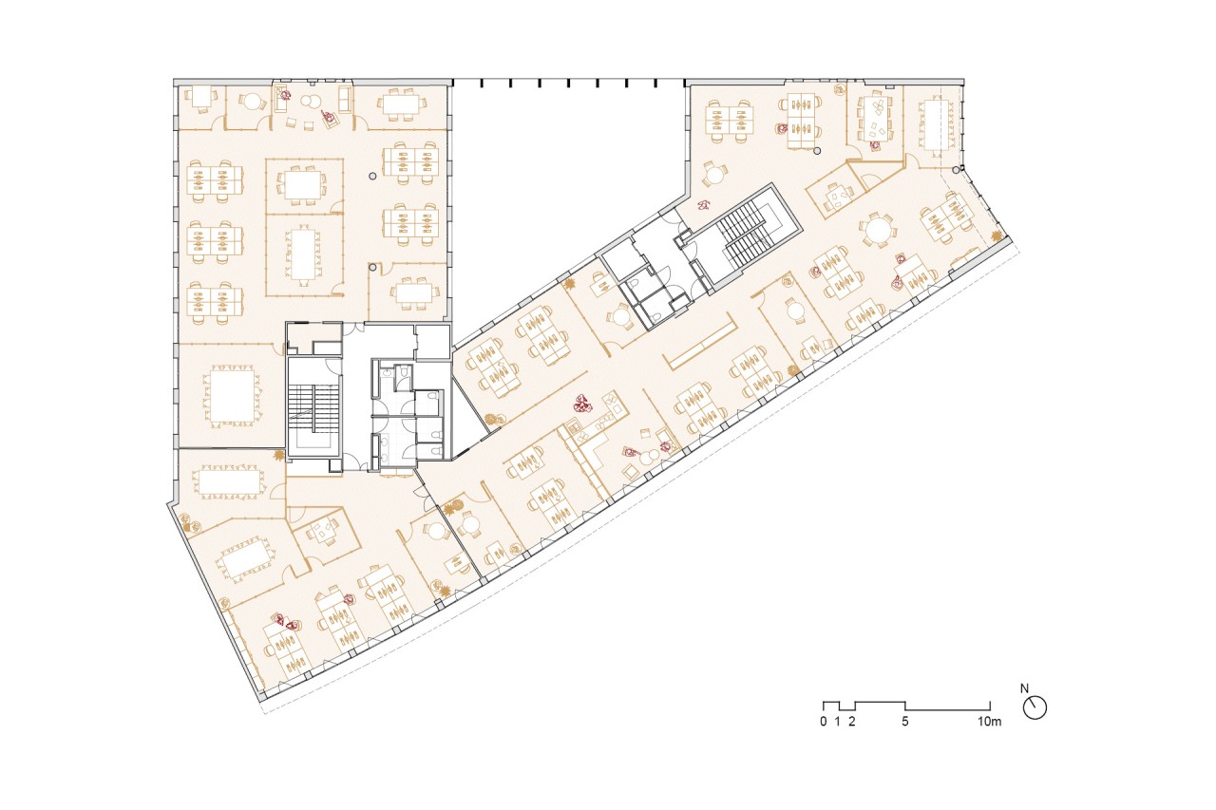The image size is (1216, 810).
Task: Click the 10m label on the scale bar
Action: [x=989, y=722]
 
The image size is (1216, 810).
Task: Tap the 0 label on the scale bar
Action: [x=824, y=722]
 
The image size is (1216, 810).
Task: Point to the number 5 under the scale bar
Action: [x=905, y=722]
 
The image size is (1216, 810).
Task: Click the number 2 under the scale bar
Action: [x=852, y=722]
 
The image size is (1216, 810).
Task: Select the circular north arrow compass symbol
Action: [x=1035, y=708]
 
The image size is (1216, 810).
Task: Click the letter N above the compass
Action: [x=1024, y=688]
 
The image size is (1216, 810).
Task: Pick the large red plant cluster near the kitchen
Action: [x=582, y=405]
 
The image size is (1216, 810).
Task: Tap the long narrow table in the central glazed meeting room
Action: [x=303, y=254]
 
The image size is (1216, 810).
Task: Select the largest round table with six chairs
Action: [x=877, y=230]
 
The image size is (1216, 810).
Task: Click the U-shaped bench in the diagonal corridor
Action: [x=700, y=345]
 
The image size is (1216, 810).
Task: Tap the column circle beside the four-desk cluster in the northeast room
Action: [x=818, y=151]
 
